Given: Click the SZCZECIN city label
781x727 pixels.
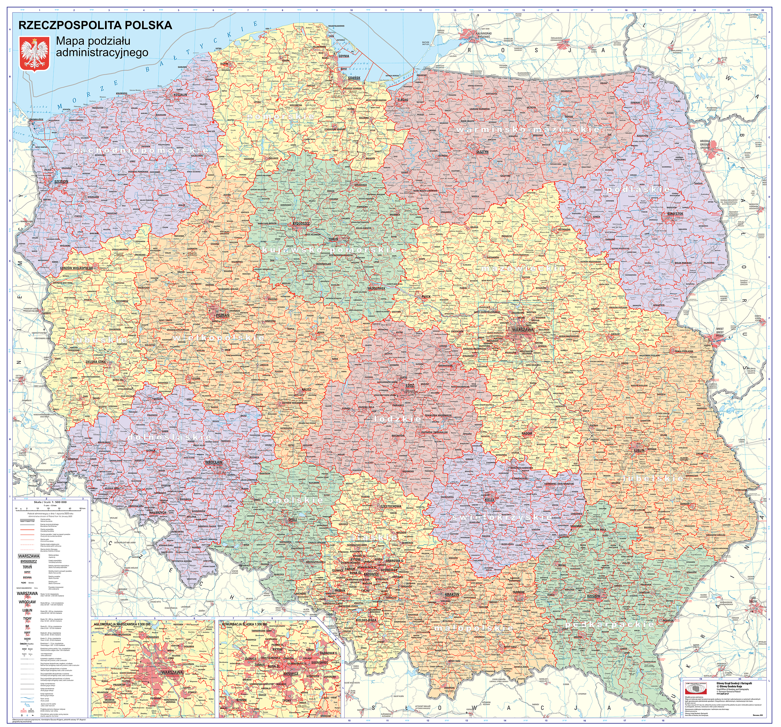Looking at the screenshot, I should [61, 181].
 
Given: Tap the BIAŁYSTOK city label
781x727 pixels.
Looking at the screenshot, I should [675, 214].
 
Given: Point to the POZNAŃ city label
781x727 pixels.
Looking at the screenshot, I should [223, 315].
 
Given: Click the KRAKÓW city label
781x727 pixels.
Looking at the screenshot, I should [452, 594].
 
